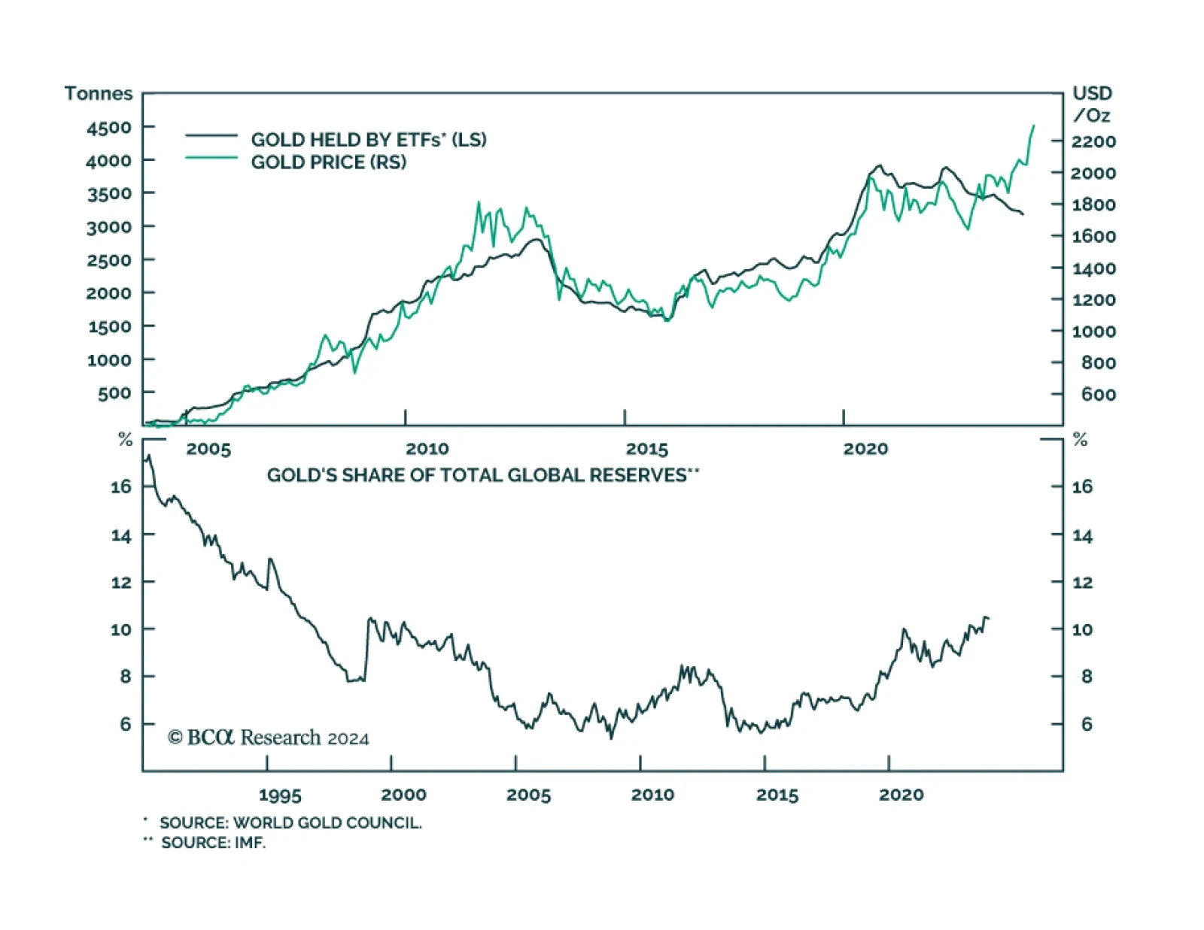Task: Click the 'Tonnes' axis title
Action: (99, 93)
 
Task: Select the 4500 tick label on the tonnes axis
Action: (109, 128)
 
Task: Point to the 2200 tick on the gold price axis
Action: (1093, 141)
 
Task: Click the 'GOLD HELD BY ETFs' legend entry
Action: (369, 139)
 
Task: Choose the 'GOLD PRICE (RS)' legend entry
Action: (328, 162)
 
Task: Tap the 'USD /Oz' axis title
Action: (1092, 104)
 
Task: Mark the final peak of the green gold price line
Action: (1033, 126)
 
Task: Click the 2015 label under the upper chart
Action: (646, 449)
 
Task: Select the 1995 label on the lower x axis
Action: (280, 795)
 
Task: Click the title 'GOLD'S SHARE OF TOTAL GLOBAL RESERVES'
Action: (482, 475)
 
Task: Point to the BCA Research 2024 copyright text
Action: (268, 738)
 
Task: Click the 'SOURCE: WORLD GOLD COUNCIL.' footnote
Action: (290, 822)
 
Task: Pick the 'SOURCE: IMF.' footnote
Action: (213, 843)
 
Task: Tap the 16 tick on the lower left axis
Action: (121, 486)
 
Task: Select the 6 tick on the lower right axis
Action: (1087, 724)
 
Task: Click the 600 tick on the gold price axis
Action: (1098, 395)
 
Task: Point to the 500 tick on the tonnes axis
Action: (114, 393)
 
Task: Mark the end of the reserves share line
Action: (988, 618)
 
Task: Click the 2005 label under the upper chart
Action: (208, 449)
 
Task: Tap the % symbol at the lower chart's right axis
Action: (1080, 440)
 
